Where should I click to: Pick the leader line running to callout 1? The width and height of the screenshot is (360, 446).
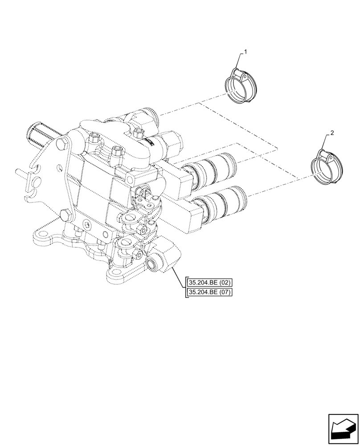click(240, 60)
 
